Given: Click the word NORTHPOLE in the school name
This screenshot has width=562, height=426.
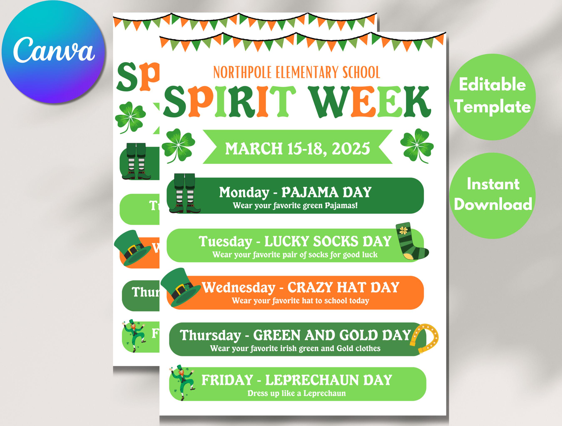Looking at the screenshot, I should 243,73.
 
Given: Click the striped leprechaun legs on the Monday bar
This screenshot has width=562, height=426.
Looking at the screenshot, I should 185,193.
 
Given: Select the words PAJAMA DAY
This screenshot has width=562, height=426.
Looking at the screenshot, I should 326,192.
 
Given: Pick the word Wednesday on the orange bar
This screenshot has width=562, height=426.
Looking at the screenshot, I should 239,288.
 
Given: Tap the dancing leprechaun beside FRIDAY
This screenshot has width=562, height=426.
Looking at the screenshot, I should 182,382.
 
